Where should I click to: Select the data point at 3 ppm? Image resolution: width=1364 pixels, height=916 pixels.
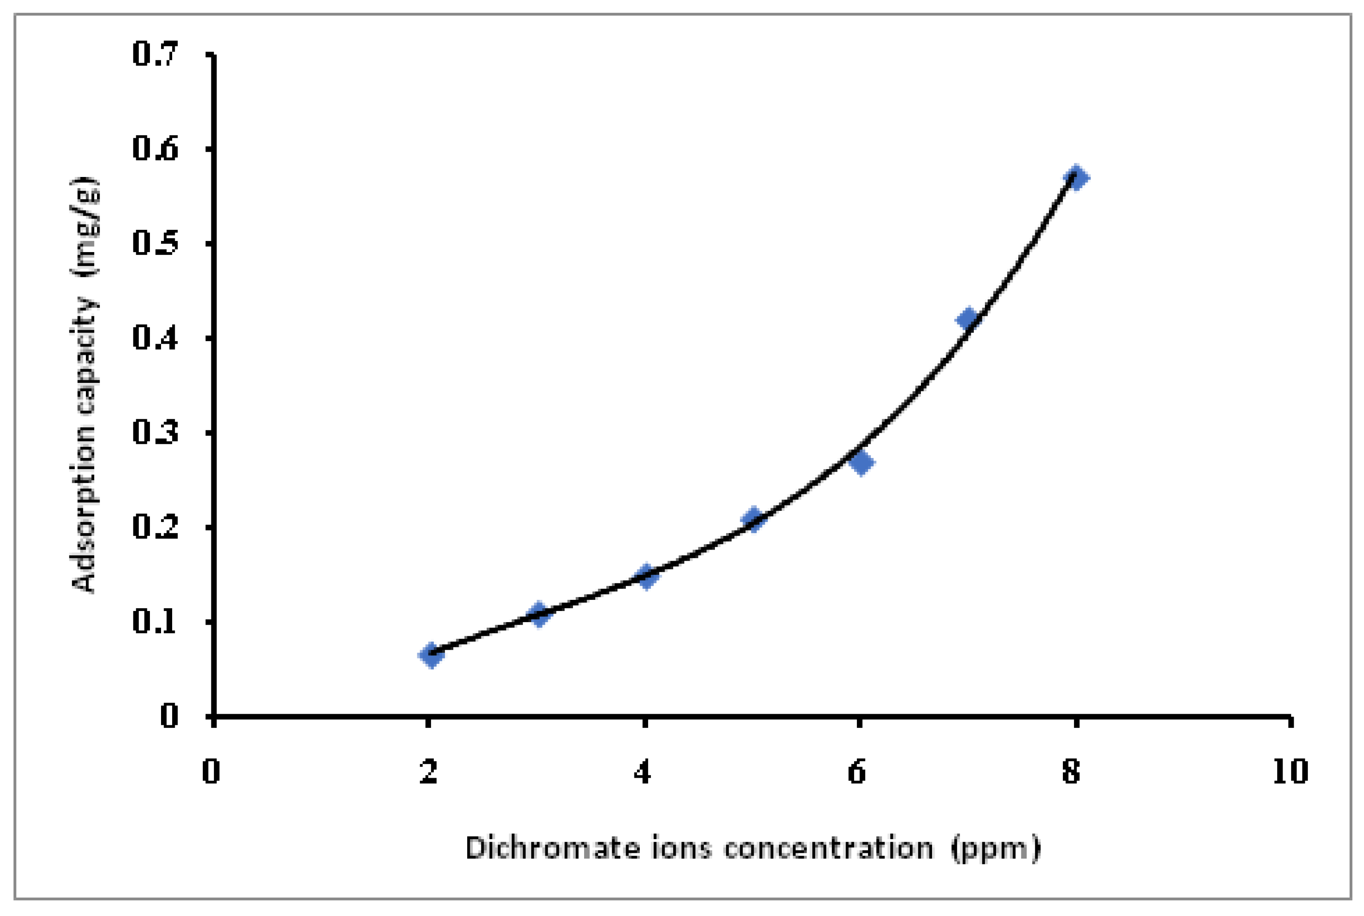(x=538, y=615)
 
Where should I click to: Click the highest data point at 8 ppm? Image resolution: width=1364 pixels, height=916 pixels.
(x=1076, y=177)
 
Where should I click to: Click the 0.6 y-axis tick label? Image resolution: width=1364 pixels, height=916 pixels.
(x=155, y=149)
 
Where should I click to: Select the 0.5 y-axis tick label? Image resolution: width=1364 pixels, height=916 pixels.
(x=155, y=244)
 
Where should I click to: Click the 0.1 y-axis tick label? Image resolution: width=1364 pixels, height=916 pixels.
(x=155, y=622)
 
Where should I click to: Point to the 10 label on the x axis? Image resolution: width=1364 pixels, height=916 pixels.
(x=1290, y=772)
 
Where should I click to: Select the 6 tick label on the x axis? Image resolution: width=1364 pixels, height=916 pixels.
(x=857, y=772)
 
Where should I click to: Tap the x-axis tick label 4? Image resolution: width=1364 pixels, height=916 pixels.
(x=643, y=772)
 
